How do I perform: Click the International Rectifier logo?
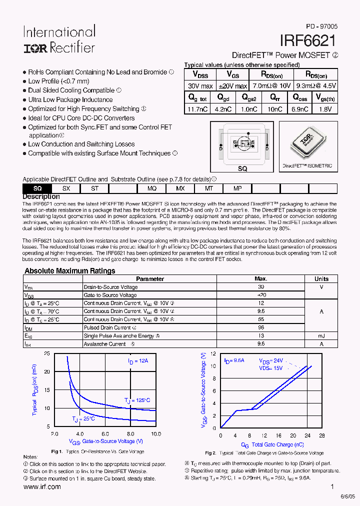58,39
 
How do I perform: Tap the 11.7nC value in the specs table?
198,108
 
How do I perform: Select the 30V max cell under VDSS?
200,85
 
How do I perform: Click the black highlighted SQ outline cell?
37,188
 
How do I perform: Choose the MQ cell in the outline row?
152,188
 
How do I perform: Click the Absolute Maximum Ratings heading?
70,271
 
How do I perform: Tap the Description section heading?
41,196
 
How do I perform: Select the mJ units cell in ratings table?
321,336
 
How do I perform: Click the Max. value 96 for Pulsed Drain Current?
260,327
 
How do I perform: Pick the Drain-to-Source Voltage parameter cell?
110,287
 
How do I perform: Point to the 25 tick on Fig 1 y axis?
47,353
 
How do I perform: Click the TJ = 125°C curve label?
137,400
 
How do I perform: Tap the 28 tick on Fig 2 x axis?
322,435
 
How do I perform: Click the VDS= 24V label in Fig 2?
270,360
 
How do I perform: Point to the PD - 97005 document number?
322,26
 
